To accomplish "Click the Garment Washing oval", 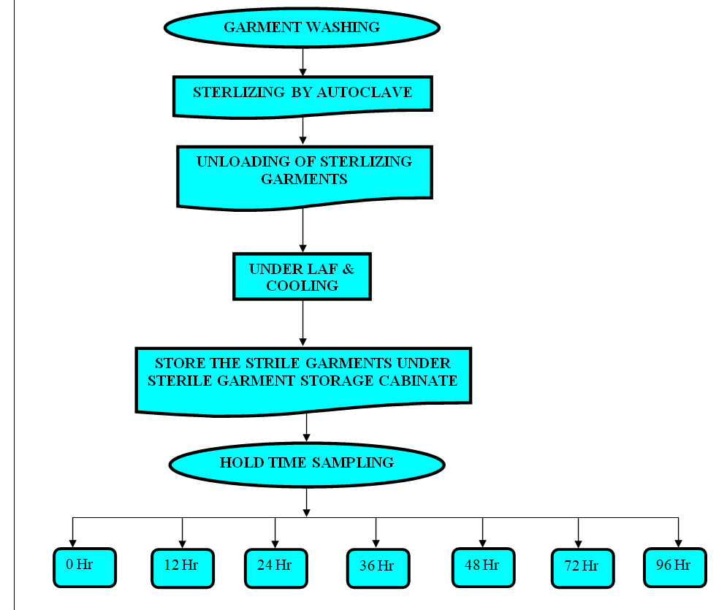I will point(302,28).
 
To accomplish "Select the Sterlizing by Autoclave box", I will point(302,94).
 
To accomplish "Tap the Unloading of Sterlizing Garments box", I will point(304,175).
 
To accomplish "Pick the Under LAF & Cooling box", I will point(302,276).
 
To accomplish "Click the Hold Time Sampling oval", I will point(306,463).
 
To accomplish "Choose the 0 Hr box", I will point(85,567).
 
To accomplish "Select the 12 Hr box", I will point(183,568).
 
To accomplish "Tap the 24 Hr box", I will point(275,568).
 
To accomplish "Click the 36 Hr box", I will point(377,568).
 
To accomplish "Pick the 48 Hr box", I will point(483,567).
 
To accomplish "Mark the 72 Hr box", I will point(582,568).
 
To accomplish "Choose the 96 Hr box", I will point(674,567).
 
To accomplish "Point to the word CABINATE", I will point(419,381).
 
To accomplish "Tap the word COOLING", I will point(302,286).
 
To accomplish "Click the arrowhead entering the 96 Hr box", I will point(678,543).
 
